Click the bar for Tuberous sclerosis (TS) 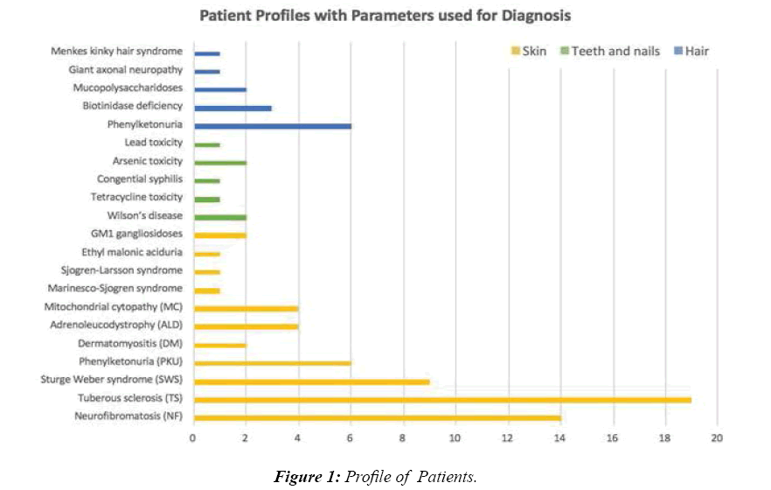coord(441,400)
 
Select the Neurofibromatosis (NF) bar coord(376,417)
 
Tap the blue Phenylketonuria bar coord(272,126)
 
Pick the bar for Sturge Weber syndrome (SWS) coord(311,381)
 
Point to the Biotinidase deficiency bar coord(233,108)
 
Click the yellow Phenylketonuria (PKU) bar coord(272,362)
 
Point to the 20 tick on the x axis coord(717,437)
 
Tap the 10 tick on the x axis coord(455,437)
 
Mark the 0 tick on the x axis coord(193,437)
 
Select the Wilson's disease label coord(148,216)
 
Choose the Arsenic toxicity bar coord(219,162)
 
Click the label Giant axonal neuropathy coord(126,70)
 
